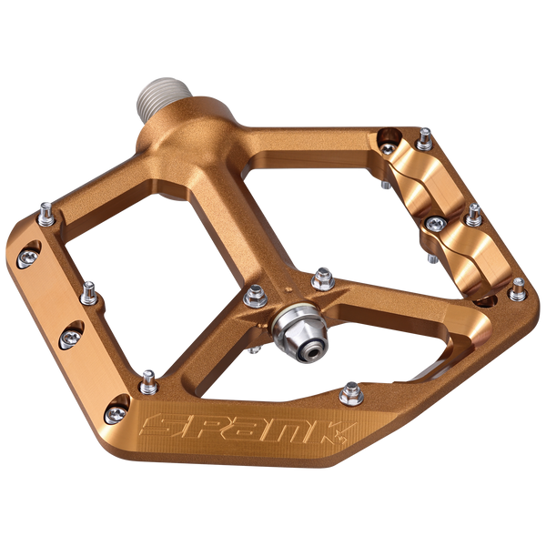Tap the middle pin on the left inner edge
click(x=88, y=291)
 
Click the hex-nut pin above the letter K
click(x=349, y=393)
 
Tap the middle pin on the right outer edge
click(x=473, y=215)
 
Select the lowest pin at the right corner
click(x=517, y=288)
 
